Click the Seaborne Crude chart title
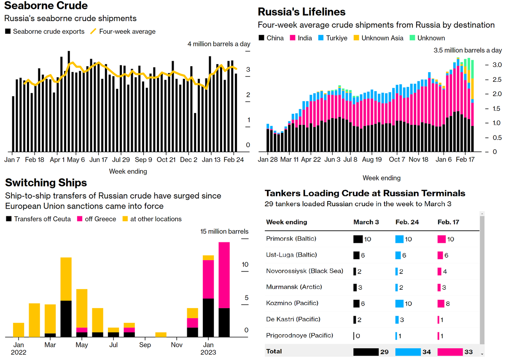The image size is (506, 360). [46, 6]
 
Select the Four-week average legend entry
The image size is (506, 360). [127, 31]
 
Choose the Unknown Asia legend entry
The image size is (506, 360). [379, 38]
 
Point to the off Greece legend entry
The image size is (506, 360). [100, 219]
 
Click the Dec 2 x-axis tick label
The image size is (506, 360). [188, 160]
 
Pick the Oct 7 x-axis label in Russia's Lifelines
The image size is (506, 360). [397, 160]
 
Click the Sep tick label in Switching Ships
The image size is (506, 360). [145, 345]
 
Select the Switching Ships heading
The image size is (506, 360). [46, 183]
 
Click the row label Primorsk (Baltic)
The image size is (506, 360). [291, 239]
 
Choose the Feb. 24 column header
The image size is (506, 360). [407, 222]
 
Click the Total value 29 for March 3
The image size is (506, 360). [384, 352]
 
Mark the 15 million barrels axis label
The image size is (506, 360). [224, 231]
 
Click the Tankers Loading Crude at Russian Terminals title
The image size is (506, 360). [365, 193]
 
